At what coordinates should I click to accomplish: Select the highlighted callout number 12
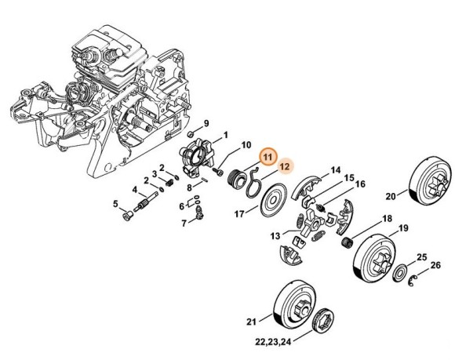[286, 167]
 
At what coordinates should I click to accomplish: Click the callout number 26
[436, 265]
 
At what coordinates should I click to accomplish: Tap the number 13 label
[275, 235]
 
